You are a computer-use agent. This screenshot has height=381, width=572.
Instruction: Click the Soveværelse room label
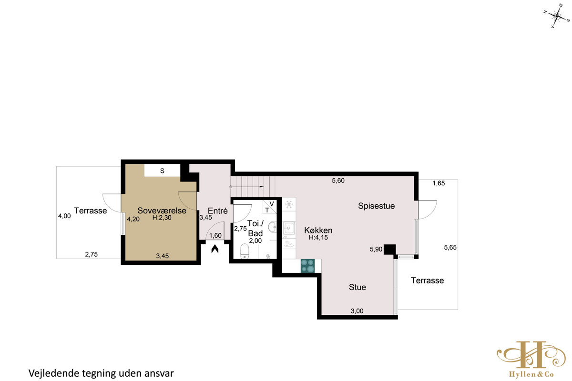(162, 211)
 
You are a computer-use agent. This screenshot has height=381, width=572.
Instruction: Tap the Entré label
(217, 211)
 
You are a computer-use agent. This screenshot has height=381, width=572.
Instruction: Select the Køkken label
(318, 231)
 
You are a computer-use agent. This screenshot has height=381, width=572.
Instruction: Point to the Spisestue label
(376, 206)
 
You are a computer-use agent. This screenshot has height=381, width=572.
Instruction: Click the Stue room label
(357, 287)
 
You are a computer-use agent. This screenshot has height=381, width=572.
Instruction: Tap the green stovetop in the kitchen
(307, 266)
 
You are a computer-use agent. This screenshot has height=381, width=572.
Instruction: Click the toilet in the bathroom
(245, 251)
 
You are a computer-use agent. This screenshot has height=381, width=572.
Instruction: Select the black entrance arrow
(215, 249)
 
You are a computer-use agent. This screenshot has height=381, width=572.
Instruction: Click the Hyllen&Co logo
(531, 359)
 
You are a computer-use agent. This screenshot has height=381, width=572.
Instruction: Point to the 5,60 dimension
(338, 180)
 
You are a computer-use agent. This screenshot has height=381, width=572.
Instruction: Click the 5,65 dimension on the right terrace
(450, 247)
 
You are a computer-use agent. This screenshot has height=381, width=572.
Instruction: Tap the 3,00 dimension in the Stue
(357, 311)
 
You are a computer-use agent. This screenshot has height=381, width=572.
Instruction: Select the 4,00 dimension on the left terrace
(64, 216)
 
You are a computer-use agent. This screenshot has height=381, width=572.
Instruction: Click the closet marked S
(162, 170)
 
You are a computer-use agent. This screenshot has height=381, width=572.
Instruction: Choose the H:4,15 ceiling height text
(318, 238)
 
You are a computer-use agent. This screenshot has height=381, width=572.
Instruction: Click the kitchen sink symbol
(289, 228)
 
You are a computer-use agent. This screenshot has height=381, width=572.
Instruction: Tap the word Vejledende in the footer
(54, 373)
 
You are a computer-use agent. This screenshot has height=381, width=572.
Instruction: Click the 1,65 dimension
(439, 183)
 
